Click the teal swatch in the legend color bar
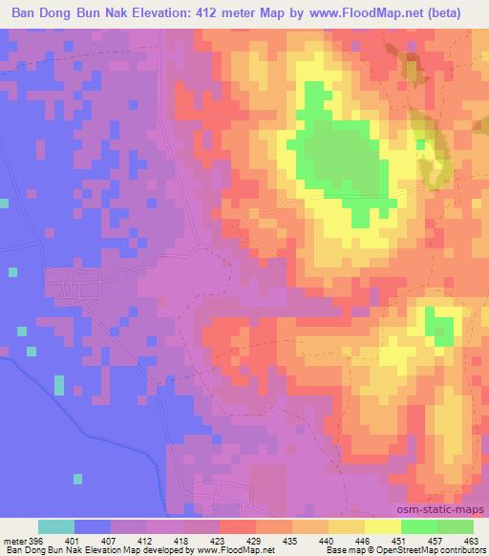click(x=56, y=526)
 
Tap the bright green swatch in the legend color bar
click(x=419, y=526)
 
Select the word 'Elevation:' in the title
click(x=138, y=12)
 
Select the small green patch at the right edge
click(x=440, y=327)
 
